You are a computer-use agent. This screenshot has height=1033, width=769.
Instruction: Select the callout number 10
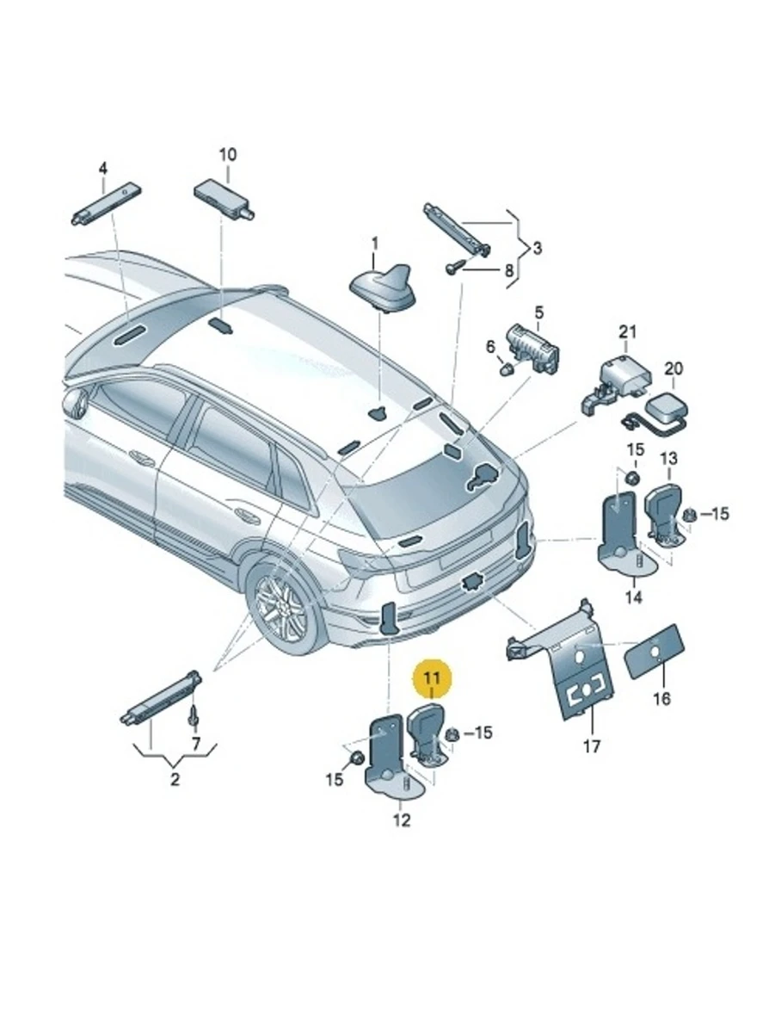[x=227, y=155]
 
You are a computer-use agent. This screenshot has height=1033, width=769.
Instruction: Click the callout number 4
[x=102, y=168]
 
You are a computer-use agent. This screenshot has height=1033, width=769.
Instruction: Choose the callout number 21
[x=629, y=331]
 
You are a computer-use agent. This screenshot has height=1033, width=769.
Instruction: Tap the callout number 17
[x=592, y=745]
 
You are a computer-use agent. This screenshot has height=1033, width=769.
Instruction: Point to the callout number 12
[x=402, y=820]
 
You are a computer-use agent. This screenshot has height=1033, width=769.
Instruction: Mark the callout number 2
[x=175, y=781]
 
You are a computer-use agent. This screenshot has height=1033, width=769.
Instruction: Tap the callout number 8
[x=508, y=269]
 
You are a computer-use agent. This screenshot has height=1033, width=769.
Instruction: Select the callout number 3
[x=537, y=250]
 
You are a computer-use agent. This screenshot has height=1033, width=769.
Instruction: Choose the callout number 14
[x=633, y=597]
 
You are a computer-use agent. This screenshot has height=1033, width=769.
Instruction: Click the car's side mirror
[x=77, y=403]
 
